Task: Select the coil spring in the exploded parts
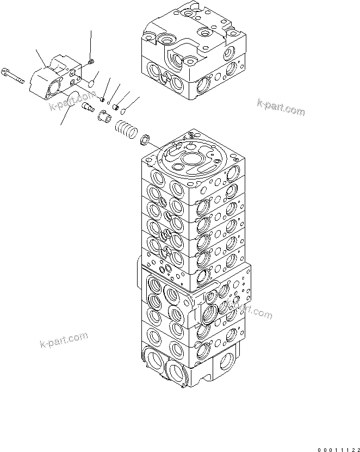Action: pyautogui.click(x=126, y=131)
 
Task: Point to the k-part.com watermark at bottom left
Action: pyautogui.click(x=64, y=339)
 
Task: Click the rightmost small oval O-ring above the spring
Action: pyautogui.click(x=123, y=111)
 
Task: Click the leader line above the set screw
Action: pyautogui.click(x=90, y=44)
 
